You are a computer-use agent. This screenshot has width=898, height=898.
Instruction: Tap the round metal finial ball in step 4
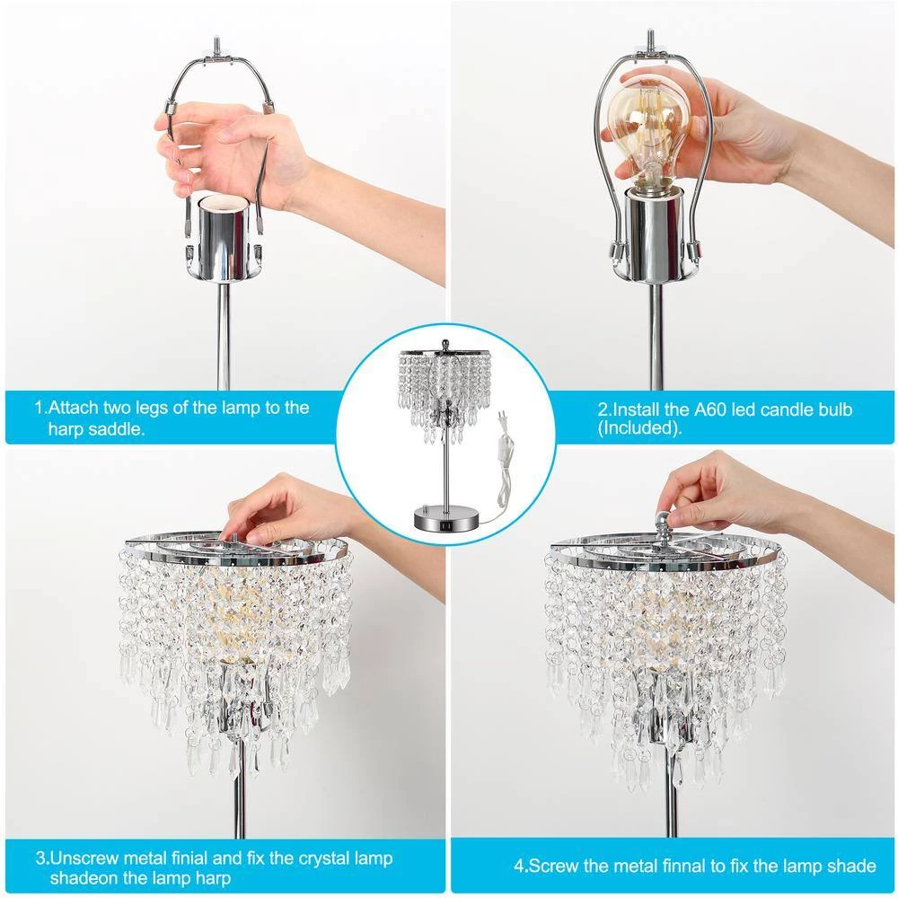tap(662, 521)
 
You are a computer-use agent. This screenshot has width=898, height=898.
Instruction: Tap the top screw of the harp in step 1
tap(218, 42)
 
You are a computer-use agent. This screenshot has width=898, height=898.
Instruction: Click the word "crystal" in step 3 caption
tap(278, 858)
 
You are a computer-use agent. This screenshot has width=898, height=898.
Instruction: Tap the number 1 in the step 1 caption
tap(39, 408)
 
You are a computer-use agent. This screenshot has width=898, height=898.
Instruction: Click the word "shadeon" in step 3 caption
tap(82, 879)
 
